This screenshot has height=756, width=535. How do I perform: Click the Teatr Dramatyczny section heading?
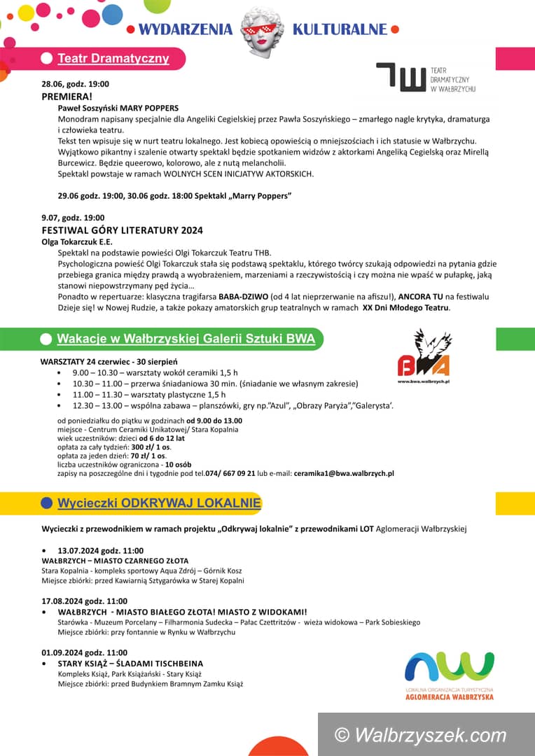point(113,58)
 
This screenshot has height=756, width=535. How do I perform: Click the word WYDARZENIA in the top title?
point(185,29)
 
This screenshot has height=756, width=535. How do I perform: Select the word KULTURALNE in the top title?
point(340,29)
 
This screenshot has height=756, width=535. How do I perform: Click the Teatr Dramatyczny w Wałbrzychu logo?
point(426,77)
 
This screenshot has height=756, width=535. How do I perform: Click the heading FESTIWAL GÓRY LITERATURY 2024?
point(123,230)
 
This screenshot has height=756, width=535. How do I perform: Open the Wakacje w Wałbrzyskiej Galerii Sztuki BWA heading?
point(186,339)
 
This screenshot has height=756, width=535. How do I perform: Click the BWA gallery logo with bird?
point(424,357)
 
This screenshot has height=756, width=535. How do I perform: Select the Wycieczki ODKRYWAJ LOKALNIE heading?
point(159,503)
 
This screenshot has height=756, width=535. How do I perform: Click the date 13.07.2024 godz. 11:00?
point(101,551)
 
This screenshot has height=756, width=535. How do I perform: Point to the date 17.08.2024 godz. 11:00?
point(85,601)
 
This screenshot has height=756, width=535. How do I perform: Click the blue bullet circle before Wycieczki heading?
point(47,503)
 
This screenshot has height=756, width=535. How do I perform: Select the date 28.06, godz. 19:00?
point(75,84)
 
